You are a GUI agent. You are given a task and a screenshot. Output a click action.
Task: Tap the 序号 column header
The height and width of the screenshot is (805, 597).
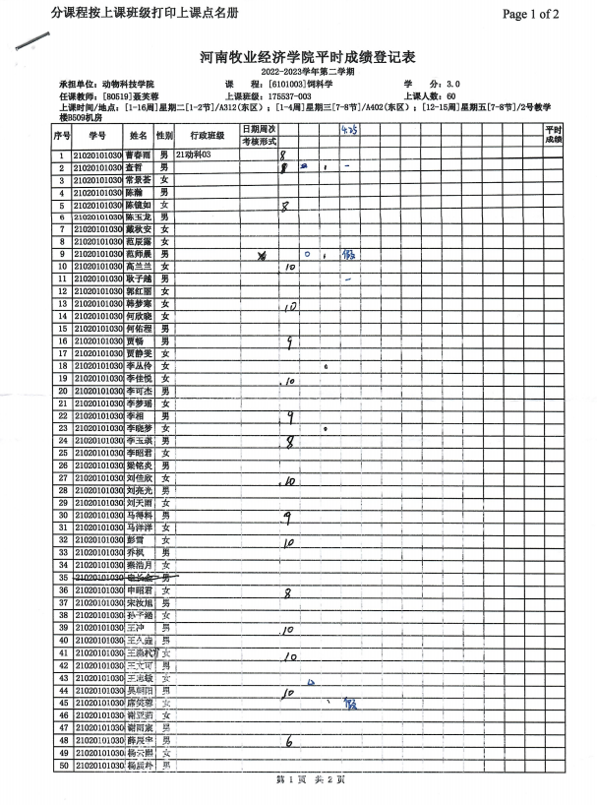click(x=62, y=135)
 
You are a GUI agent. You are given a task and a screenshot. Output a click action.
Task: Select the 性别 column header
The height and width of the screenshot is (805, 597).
click(x=165, y=135)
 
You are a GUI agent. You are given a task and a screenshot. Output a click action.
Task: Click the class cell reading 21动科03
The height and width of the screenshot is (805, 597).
click(x=193, y=155)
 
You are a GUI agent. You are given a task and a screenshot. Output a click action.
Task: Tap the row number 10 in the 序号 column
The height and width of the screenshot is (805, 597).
click(x=62, y=267)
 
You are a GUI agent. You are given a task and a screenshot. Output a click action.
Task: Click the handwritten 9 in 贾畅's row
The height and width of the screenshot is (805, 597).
click(x=289, y=342)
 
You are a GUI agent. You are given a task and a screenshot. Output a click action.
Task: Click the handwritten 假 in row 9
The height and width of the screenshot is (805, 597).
click(x=346, y=254)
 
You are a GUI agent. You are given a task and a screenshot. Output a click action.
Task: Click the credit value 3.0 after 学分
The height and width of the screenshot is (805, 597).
click(x=452, y=85)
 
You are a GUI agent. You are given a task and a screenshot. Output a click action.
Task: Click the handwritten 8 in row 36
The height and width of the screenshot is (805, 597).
click(x=287, y=593)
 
